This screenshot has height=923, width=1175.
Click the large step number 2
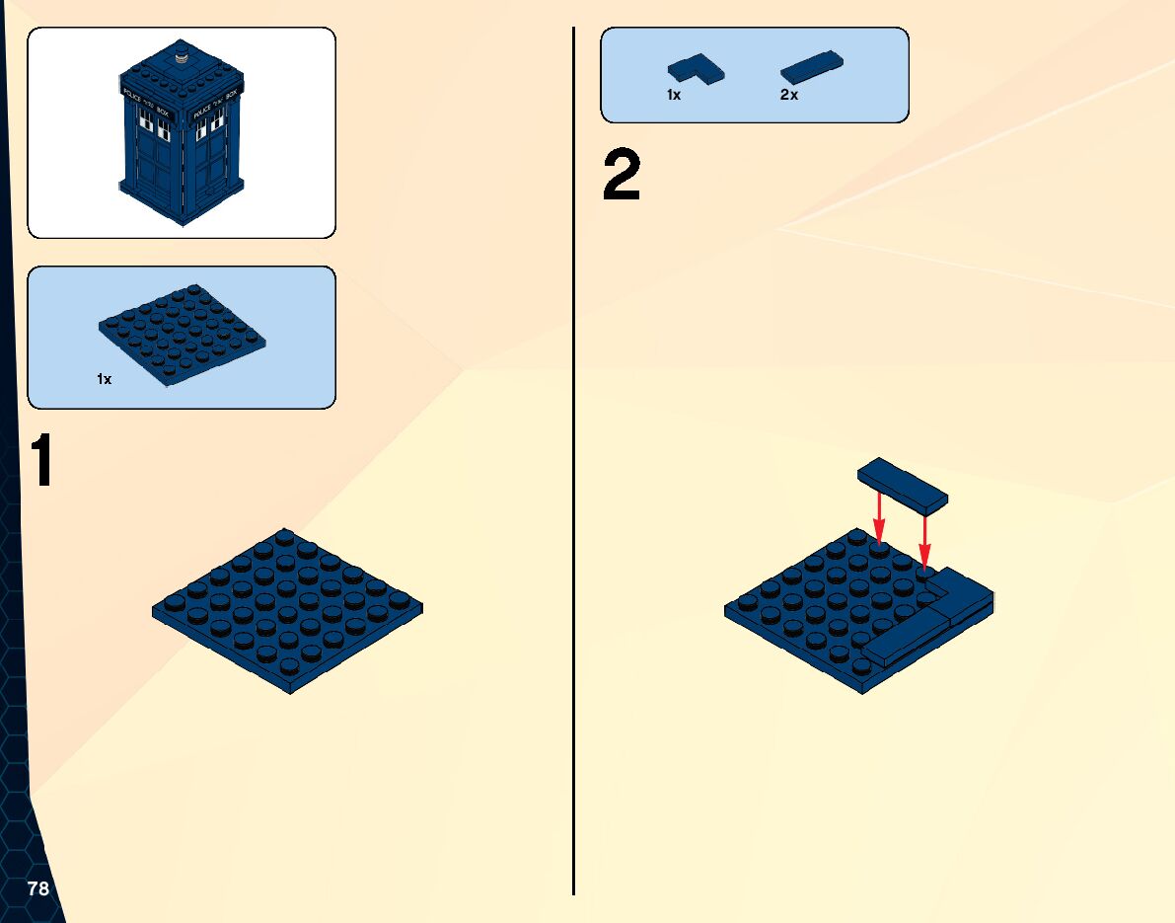pyautogui.click(x=622, y=178)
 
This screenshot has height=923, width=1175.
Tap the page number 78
pyautogui.click(x=38, y=888)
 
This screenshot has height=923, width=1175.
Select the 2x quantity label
pyautogui.click(x=788, y=96)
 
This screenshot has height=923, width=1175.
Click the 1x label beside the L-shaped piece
pyautogui.click(x=674, y=96)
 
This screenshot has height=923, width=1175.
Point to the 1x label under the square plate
pyautogui.click(x=105, y=379)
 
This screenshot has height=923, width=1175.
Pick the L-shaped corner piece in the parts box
pyautogui.click(x=696, y=68)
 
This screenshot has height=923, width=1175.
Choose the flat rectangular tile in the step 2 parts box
pyautogui.click(x=812, y=66)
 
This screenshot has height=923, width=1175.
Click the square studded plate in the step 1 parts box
pyautogui.click(x=184, y=334)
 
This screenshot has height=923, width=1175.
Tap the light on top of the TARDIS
pyautogui.click(x=183, y=56)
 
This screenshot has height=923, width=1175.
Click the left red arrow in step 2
pyautogui.click(x=879, y=517)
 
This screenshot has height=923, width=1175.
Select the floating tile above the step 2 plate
pyautogui.click(x=903, y=485)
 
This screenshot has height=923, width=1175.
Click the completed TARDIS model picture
pyautogui.click(x=183, y=133)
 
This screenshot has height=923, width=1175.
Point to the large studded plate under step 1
pyautogui.click(x=288, y=610)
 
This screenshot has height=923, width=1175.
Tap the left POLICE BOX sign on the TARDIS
pyautogui.click(x=146, y=102)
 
